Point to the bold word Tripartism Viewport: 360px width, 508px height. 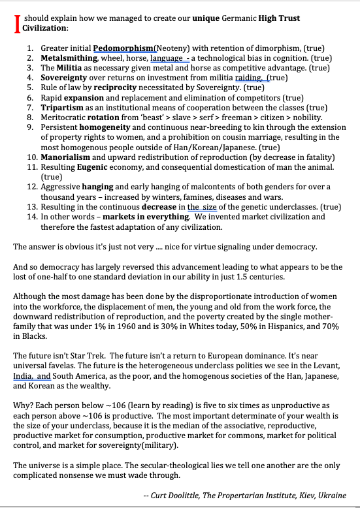pos(63,106)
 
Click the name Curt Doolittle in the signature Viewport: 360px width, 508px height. pos(180,496)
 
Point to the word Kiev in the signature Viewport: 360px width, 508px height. pos(299,496)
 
